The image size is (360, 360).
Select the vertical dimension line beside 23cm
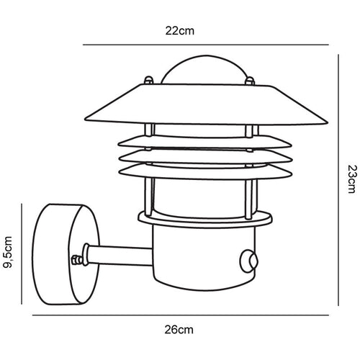[x=338, y=180]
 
